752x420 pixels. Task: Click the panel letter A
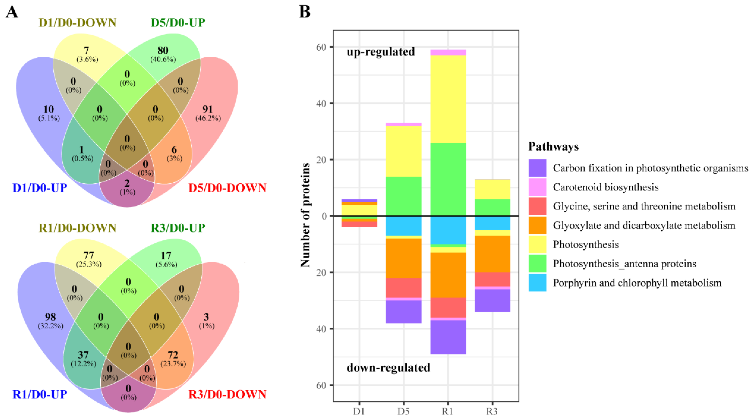12,12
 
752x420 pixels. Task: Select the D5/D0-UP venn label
178,23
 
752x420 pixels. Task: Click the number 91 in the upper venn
208,109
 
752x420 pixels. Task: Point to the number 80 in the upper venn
163,50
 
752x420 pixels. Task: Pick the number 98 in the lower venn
50,317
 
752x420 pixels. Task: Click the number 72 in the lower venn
173,355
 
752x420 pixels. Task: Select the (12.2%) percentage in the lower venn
83,364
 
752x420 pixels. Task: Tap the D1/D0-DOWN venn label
77,23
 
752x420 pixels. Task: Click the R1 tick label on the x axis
447,412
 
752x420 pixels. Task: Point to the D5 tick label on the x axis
403,412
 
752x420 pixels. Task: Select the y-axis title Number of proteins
305,215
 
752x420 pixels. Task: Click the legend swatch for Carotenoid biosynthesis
537,187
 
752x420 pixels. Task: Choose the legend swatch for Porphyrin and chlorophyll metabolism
537,283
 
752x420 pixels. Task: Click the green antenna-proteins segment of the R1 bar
448,179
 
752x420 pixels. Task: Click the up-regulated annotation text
381,52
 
